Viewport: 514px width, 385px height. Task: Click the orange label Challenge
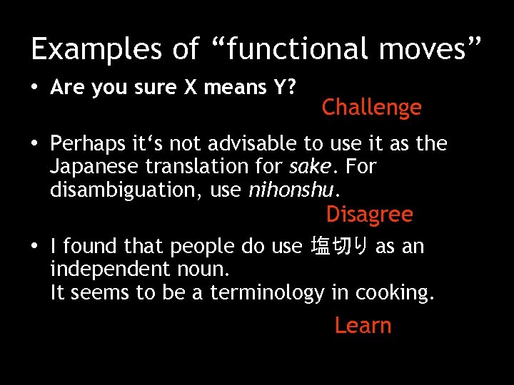click(371, 108)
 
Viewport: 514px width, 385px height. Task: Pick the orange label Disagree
click(369, 214)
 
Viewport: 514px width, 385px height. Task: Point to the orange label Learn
click(363, 325)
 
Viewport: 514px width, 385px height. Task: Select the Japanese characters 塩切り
click(340, 247)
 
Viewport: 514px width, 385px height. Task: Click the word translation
click(204, 167)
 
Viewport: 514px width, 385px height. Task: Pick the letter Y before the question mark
click(280, 88)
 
